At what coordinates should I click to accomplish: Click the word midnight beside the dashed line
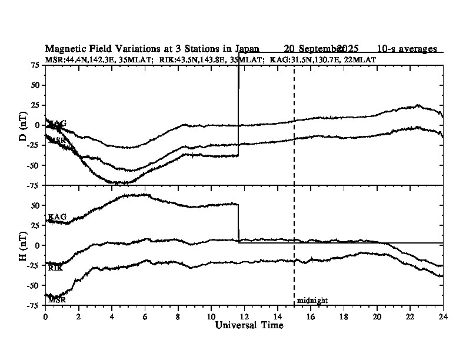pos(312,301)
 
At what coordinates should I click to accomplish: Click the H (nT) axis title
pos(23,245)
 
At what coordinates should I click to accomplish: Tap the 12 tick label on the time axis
pos(244,316)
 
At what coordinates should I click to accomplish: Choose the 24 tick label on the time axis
pos(442,316)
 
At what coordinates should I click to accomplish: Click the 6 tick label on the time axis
pos(145,316)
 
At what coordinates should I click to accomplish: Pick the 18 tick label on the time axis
pos(344,316)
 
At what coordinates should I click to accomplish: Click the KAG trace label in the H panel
pos(57,217)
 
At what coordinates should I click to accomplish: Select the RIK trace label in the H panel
pos(56,268)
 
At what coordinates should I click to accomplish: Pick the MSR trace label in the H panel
pos(56,299)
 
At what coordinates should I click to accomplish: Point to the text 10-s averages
pos(407,48)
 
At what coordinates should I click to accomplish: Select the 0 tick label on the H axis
pos(38,245)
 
